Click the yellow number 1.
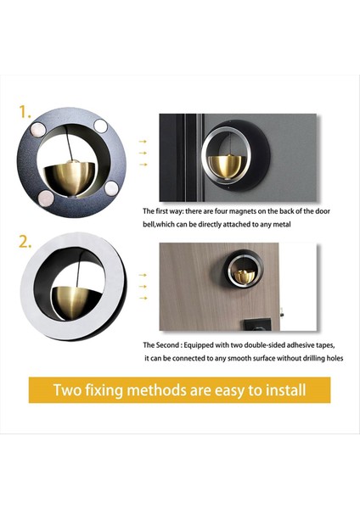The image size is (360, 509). click(x=25, y=112)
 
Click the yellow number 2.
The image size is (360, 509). click(x=25, y=242)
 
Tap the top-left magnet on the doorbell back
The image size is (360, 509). click(x=38, y=129)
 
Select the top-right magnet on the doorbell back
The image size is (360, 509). click(x=100, y=126)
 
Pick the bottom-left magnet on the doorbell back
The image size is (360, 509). click(x=46, y=198)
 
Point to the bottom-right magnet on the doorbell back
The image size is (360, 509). click(x=111, y=188)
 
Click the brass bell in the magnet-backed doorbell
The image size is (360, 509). click(x=70, y=179)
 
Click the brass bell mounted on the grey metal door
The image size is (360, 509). click(x=225, y=167)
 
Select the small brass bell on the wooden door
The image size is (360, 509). click(x=245, y=276)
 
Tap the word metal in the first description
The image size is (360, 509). click(x=282, y=224)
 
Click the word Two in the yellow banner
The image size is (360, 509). click(x=67, y=389)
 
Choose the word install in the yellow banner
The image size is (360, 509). click(x=286, y=389)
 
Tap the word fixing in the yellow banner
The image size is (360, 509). click(x=104, y=390)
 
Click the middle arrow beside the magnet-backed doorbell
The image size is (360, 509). click(x=143, y=153)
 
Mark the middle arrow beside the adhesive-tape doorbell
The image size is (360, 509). click(x=143, y=287)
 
